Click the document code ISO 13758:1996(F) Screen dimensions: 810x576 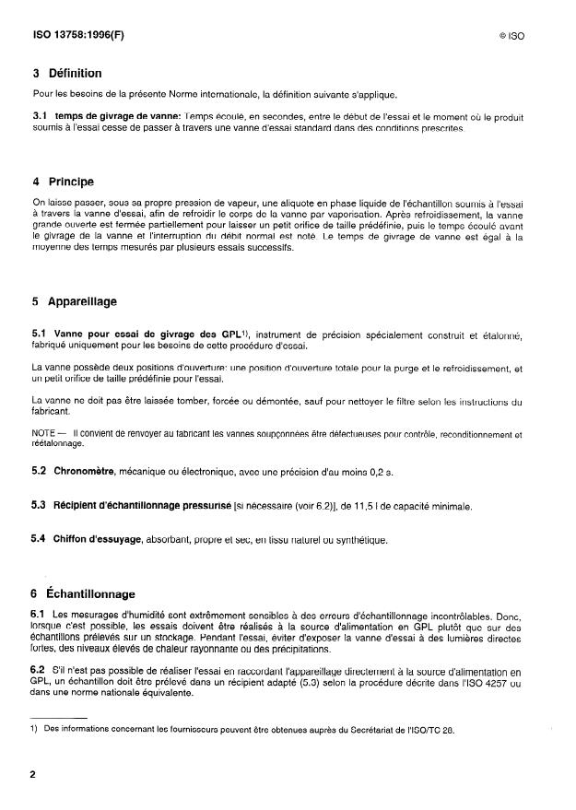tap(76, 38)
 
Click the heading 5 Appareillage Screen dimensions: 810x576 tap(75, 301)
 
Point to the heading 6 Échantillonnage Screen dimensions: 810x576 tap(84, 594)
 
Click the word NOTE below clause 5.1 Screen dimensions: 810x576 tap(43, 434)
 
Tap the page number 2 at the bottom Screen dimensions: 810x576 tap(33, 774)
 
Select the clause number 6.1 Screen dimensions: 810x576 tap(40, 614)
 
